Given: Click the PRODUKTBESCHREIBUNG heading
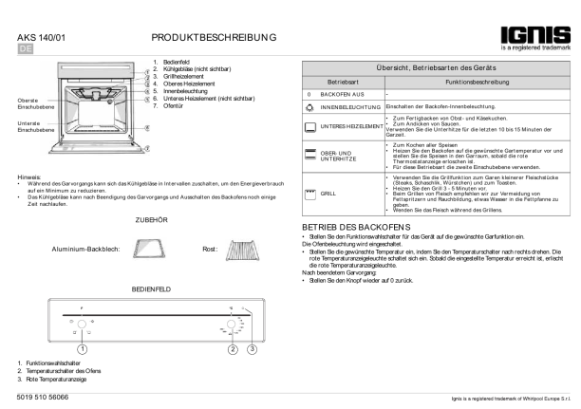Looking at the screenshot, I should (215, 37).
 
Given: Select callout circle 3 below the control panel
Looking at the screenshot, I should (252, 347).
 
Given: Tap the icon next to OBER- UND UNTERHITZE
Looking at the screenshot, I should (309, 154).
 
